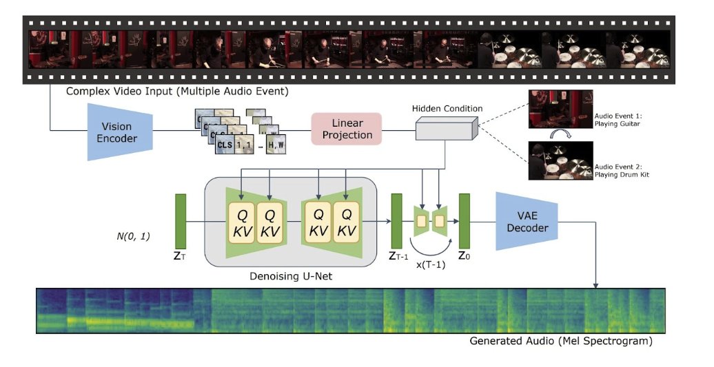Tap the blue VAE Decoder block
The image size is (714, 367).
520,221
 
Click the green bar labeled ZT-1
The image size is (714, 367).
396,221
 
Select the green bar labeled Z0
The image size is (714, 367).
464,221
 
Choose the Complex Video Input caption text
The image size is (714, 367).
177,91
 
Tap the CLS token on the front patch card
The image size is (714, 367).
224,145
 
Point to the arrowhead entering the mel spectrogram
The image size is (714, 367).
595,286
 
